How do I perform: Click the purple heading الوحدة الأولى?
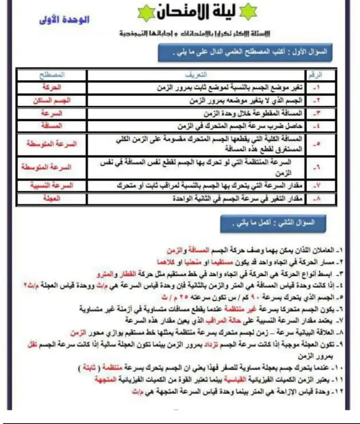(64, 20)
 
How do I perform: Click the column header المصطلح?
(52, 76)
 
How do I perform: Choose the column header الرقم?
(314, 76)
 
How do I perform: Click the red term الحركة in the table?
(52, 88)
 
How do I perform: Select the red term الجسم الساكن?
(52, 100)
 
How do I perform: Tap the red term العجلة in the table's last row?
(51, 198)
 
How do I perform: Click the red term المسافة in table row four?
(52, 125)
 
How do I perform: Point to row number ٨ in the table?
(315, 198)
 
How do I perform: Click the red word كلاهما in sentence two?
(165, 262)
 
